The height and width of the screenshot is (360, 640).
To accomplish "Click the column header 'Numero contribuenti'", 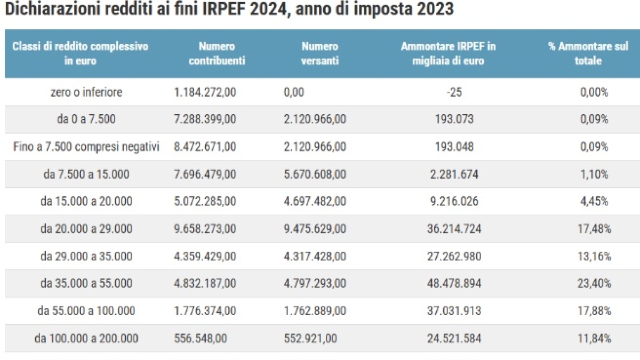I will tap(217, 53).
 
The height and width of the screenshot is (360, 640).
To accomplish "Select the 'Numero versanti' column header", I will tap(319, 53).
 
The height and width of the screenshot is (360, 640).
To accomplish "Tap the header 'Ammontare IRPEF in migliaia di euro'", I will tap(448, 53).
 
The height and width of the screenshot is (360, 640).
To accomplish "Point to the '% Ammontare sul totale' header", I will tap(588, 53).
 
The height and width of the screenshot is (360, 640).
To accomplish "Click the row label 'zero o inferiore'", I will tap(86, 92).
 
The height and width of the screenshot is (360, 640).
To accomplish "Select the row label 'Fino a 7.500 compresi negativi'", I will tap(86, 147).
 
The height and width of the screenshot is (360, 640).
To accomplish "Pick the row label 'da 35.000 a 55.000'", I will tap(86, 283).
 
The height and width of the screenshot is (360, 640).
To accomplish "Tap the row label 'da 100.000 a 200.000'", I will tap(86, 338).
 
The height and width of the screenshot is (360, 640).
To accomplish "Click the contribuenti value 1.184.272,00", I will tap(205, 92).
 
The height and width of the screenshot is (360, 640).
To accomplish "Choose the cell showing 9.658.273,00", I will tap(205, 229).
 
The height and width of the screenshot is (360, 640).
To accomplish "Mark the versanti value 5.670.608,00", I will tap(315, 174).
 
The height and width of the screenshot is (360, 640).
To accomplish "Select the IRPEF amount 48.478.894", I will tap(454, 283).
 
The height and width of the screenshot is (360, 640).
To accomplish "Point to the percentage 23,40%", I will tap(595, 283).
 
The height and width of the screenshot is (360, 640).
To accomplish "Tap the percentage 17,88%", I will tap(595, 310).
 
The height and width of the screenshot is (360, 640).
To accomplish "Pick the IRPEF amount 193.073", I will tap(454, 119).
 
